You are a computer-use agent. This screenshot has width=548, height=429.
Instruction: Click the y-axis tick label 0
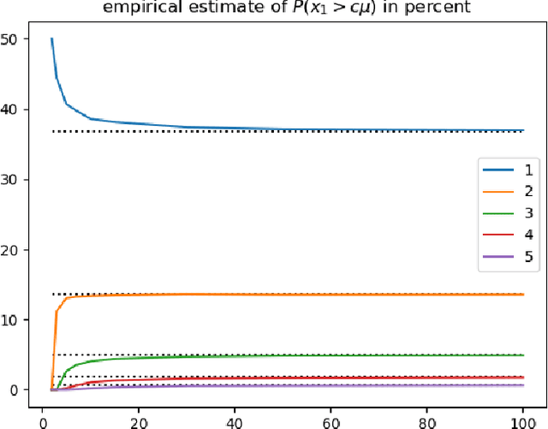(23, 390)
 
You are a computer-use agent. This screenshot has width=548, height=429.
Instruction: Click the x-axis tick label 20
(138, 420)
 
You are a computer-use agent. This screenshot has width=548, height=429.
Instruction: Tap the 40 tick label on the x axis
(233, 420)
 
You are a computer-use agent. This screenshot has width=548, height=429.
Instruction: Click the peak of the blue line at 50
(51, 39)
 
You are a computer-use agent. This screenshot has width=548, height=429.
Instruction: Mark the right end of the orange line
(522, 295)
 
